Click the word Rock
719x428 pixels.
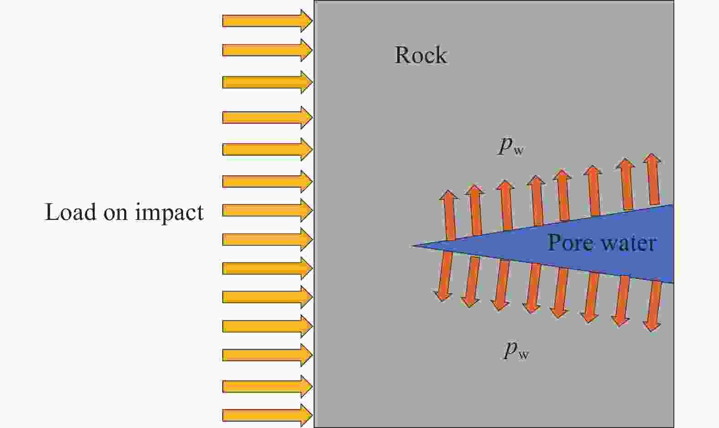[x=420, y=55]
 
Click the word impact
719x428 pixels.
[x=169, y=213]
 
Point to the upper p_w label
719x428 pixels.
[x=511, y=146]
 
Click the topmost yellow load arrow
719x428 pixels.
[x=268, y=21]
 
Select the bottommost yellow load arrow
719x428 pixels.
[x=268, y=416]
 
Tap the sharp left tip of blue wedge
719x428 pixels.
[x=412, y=246]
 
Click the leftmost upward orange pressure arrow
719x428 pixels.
[x=449, y=215]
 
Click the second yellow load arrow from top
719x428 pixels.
[x=268, y=50]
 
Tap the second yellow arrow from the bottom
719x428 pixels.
[x=268, y=386]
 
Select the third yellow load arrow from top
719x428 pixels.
[x=268, y=82]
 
